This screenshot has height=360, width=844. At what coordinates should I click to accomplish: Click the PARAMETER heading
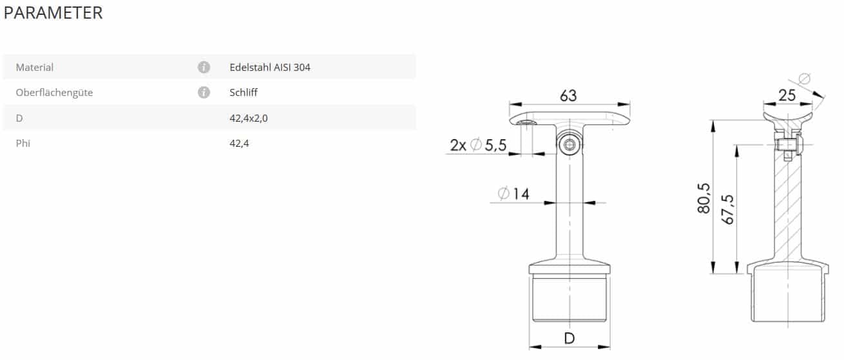coord(53,13)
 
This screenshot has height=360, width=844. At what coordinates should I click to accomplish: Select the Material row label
coord(35,68)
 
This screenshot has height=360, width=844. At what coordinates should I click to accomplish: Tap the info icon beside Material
coord(204,68)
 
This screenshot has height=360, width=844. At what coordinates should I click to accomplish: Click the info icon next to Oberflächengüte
coord(204,92)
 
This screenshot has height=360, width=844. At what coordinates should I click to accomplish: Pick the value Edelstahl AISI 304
coord(270,68)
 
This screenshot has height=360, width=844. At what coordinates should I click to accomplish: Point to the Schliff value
coord(244,92)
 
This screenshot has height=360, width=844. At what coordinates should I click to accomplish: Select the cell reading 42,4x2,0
coord(249,118)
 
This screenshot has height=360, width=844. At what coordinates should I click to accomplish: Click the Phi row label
coord(23,143)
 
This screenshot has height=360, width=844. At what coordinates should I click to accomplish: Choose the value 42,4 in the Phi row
coord(239,143)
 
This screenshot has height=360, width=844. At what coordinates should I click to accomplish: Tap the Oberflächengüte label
coord(54,93)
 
